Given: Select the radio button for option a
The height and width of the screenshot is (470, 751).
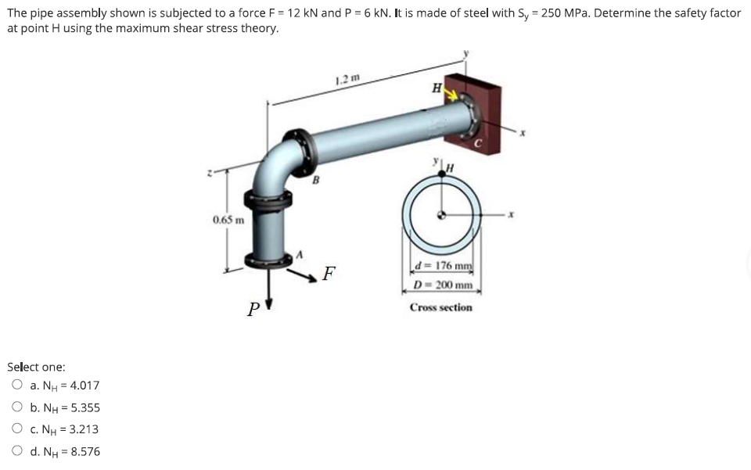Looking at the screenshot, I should (17, 386).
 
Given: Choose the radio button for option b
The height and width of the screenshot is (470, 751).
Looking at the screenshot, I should (17, 407).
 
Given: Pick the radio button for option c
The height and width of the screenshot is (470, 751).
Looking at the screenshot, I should (17, 429).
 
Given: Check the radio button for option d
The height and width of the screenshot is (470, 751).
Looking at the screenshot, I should (17, 451).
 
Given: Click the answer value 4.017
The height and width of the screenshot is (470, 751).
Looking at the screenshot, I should (84, 386).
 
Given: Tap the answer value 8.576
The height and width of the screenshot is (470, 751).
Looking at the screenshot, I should (84, 451).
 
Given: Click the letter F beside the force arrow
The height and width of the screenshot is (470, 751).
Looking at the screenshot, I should (329, 274).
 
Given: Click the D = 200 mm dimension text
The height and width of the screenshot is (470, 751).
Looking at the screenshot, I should (442, 285).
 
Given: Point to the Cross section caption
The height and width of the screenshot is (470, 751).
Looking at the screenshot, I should (441, 307).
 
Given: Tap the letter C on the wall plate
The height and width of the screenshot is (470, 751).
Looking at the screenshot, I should (483, 143).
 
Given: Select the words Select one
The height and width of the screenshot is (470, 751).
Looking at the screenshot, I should (36, 367).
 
